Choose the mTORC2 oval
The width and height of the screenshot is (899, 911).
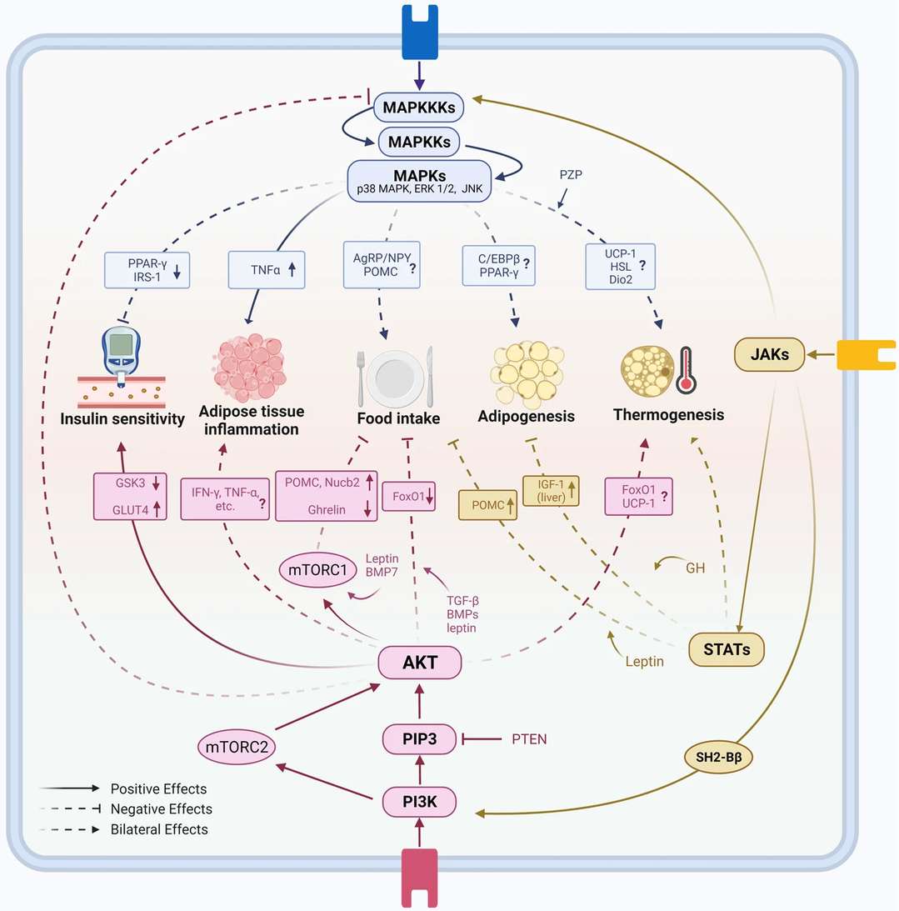pyautogui.click(x=237, y=748)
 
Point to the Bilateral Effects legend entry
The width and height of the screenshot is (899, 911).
pyautogui.click(x=159, y=829)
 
